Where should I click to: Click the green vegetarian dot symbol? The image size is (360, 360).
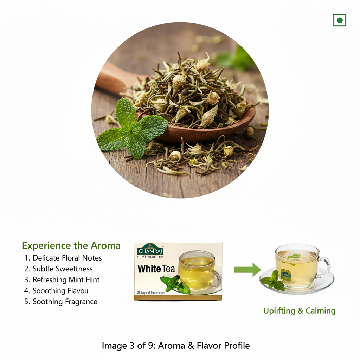[x=340, y=20]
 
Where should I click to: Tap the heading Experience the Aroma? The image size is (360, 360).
[x=71, y=245]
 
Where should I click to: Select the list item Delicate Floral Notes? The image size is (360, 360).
[x=63, y=258]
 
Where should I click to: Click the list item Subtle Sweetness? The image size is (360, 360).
[x=59, y=269]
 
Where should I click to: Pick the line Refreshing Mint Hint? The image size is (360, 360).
[x=62, y=280]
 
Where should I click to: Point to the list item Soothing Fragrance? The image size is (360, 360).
[x=61, y=302]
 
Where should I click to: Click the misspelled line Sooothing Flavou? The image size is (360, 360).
[x=56, y=291]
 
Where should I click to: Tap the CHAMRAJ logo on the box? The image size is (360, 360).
[x=150, y=250]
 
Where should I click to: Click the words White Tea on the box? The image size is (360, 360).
[x=156, y=269]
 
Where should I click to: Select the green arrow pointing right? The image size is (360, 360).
[x=247, y=270]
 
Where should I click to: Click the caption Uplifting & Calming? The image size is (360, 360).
[x=299, y=311]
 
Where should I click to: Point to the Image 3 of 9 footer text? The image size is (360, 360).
[x=176, y=346]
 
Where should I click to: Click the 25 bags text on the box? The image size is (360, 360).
[x=151, y=292]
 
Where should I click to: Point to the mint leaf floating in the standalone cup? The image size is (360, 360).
[x=295, y=256]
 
